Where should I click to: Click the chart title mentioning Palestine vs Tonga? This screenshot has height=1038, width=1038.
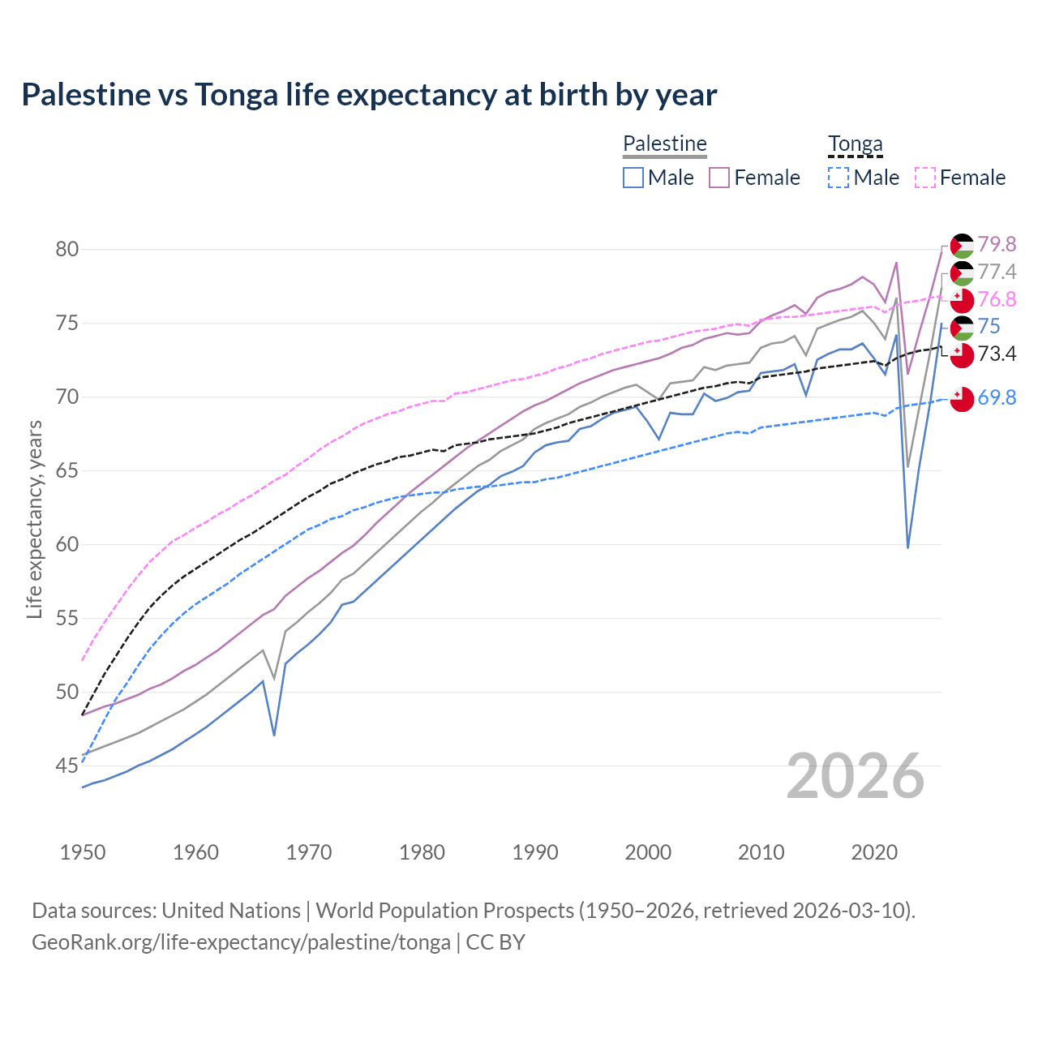369,95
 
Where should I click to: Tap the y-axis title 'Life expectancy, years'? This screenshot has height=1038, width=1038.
34,519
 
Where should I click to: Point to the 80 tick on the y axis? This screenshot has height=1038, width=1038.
67,250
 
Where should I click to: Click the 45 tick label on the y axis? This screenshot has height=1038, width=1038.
67,766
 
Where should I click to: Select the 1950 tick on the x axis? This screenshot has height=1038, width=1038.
83,852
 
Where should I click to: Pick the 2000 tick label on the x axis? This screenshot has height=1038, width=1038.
648,852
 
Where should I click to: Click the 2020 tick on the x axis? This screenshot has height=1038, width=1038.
874,852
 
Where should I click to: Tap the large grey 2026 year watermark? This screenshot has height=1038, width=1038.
856,776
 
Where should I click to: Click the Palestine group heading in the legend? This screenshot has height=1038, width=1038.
665,144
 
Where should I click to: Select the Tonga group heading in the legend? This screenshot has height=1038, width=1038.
855,144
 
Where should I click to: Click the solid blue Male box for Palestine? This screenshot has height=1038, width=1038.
633,178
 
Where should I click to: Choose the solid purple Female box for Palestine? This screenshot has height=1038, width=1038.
719,178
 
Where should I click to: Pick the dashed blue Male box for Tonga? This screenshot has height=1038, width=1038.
839,178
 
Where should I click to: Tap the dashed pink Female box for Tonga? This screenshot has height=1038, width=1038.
925,178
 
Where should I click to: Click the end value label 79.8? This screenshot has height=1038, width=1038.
997,245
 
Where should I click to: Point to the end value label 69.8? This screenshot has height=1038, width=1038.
997,397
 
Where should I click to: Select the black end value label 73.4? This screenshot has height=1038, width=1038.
997,354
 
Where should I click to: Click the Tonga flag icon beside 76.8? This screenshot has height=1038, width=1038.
962,300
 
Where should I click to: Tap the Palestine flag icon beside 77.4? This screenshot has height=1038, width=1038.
962,272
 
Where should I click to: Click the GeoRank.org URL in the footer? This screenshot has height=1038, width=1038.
241,942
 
